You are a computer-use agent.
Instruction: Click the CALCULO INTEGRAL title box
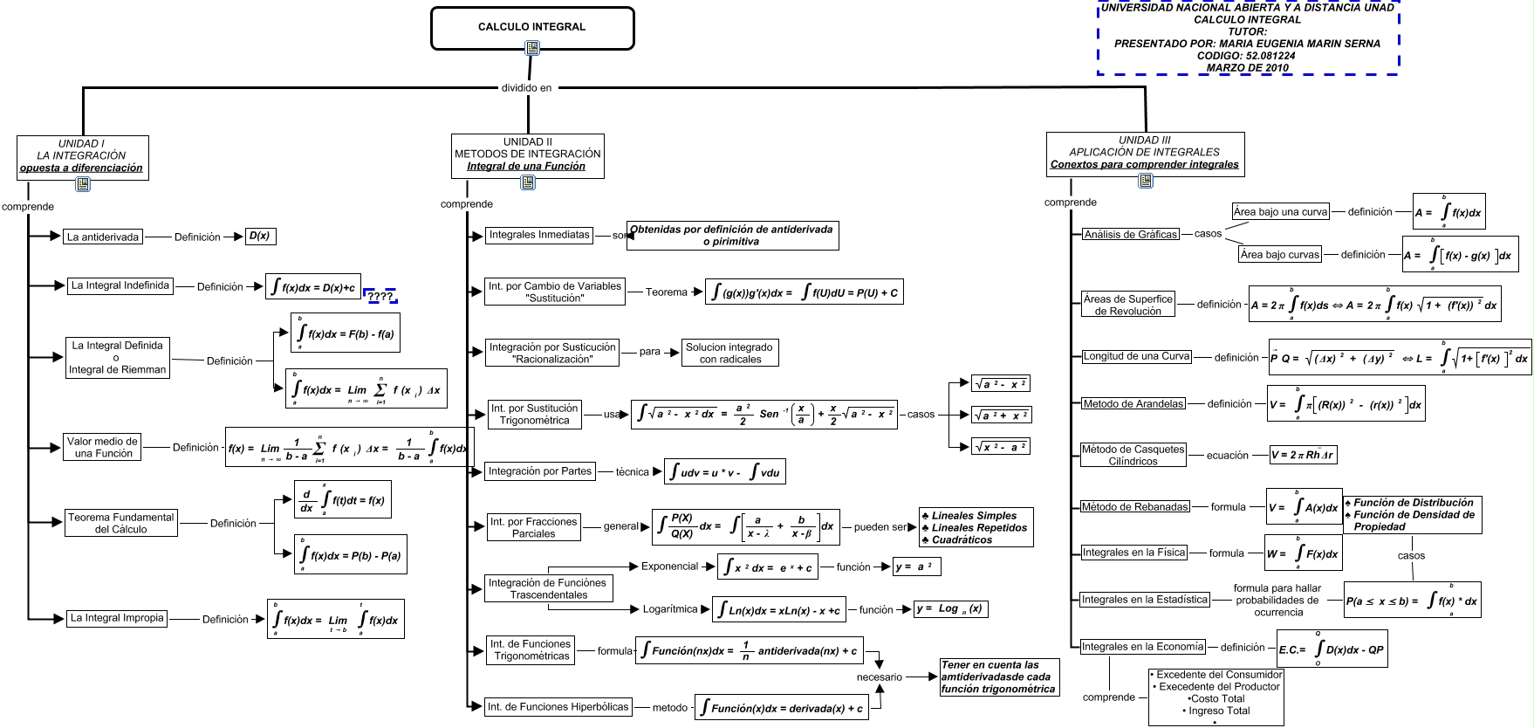(x=531, y=27)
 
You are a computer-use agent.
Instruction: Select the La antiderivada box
(x=103, y=237)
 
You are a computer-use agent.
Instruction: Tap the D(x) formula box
(x=260, y=236)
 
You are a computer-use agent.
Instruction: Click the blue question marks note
(x=380, y=297)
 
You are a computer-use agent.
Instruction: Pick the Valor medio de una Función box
(x=103, y=448)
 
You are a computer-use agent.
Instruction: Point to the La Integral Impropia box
(x=117, y=618)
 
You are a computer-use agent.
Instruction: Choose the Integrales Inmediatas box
(x=539, y=235)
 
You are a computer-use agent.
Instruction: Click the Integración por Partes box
(x=539, y=471)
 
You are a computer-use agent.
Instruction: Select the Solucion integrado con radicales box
(x=729, y=353)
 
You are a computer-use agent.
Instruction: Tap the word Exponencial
(x=669, y=567)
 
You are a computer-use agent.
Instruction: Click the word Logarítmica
(x=670, y=609)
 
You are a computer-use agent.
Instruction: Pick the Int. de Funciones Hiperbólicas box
(x=558, y=707)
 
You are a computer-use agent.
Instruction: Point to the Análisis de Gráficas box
(x=1130, y=234)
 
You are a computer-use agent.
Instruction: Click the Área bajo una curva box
(x=1280, y=211)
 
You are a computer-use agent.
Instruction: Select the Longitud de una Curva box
(x=1136, y=356)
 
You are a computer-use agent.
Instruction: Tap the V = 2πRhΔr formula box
(x=1302, y=455)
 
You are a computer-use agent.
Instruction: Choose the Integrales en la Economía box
(x=1142, y=647)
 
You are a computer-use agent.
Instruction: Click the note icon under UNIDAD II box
(x=528, y=182)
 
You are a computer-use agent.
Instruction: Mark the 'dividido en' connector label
(x=526, y=87)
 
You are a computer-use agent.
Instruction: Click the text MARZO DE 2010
(x=1247, y=68)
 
